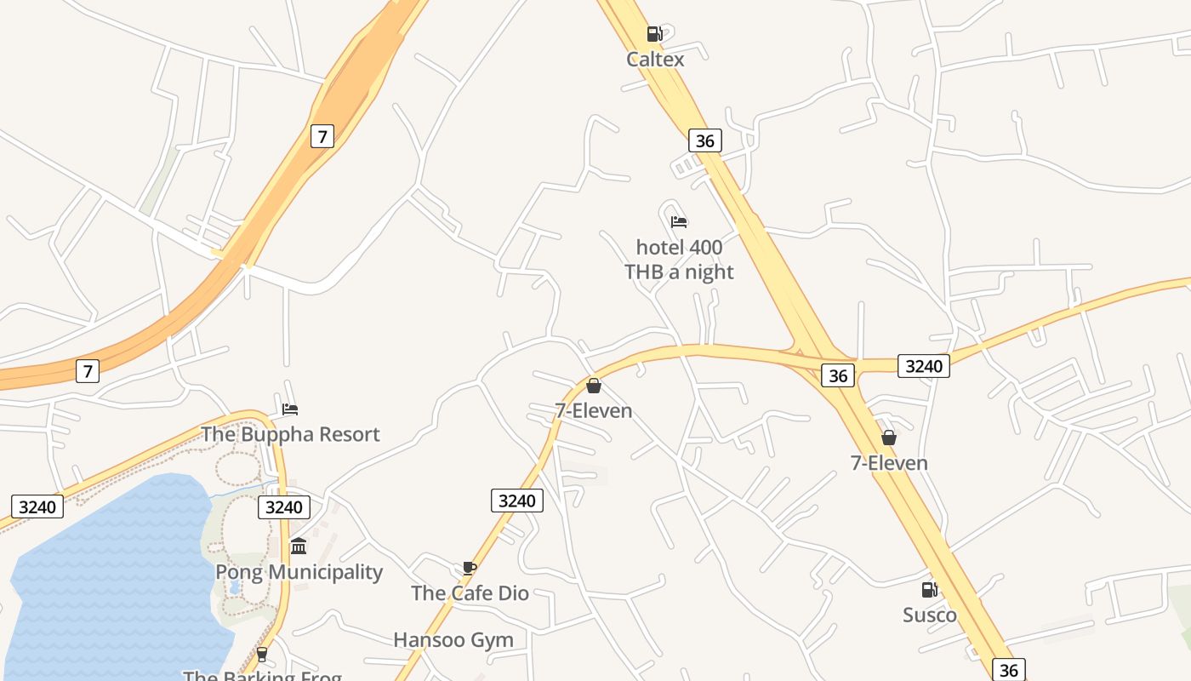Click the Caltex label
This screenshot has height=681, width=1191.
pyautogui.click(x=655, y=59)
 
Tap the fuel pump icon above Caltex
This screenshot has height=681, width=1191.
pyautogui.click(x=654, y=34)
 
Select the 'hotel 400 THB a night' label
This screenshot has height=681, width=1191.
pyautogui.click(x=679, y=260)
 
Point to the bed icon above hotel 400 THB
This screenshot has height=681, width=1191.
pyautogui.click(x=679, y=222)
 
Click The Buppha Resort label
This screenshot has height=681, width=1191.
pyautogui.click(x=290, y=434)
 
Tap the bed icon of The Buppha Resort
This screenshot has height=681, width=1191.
pyautogui.click(x=290, y=409)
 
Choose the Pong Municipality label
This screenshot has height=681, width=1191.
pyautogui.click(x=299, y=571)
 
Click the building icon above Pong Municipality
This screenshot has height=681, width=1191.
pyautogui.click(x=299, y=546)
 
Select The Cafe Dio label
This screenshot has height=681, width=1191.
pyautogui.click(x=470, y=592)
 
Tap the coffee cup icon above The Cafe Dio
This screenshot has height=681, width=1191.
pyautogui.click(x=469, y=568)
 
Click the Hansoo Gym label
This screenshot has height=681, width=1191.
pyautogui.click(x=453, y=639)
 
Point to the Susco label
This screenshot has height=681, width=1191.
pyautogui.click(x=930, y=615)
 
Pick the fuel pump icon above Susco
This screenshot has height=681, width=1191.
pyautogui.click(x=930, y=589)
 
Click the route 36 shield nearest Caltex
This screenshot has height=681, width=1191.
pyautogui.click(x=704, y=140)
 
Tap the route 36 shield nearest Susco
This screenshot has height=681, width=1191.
pyautogui.click(x=1008, y=669)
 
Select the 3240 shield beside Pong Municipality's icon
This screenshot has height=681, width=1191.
pyautogui.click(x=283, y=507)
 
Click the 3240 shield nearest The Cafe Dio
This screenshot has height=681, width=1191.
pyautogui.click(x=516, y=501)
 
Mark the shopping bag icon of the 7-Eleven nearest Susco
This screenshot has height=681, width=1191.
pyautogui.click(x=889, y=438)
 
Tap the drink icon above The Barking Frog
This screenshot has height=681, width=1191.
pyautogui.click(x=262, y=654)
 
